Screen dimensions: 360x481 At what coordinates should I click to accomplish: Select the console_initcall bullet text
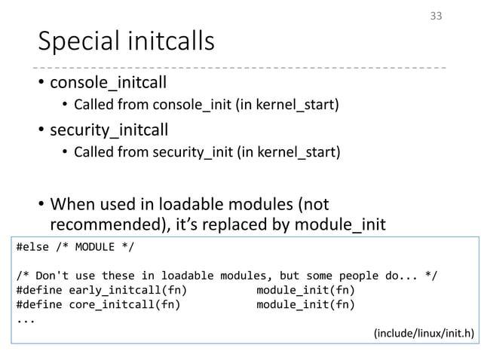tap(108, 81)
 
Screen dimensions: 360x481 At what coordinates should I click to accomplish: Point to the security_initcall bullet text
tap(109, 132)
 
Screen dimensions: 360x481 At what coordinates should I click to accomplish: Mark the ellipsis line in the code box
tap(25, 318)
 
